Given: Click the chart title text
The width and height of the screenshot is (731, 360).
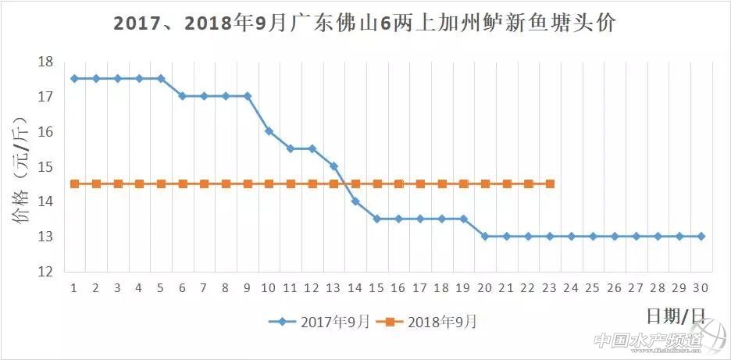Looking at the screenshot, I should (x=365, y=23).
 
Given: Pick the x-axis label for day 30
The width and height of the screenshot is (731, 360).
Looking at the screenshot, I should (x=701, y=288).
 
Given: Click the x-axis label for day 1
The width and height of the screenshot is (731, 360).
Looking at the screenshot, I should (x=74, y=288).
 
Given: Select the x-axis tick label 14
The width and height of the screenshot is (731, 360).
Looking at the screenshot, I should (x=355, y=288).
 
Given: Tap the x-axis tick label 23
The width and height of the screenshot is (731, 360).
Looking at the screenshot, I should (x=550, y=288).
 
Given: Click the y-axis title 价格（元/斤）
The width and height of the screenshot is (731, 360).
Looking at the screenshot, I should (x=21, y=166).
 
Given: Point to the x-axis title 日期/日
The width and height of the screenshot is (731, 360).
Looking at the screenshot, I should (x=677, y=316).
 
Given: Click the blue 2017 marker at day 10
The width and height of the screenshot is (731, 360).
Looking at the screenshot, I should (x=269, y=131).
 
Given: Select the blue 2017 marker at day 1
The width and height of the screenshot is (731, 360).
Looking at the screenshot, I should (x=74, y=78).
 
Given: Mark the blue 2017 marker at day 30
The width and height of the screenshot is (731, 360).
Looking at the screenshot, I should (x=701, y=236).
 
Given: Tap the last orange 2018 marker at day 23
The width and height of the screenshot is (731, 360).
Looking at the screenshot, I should (x=550, y=184).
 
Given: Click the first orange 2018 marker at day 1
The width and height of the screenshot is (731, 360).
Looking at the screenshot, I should (x=74, y=184).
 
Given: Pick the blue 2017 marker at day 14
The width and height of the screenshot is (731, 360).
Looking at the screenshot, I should (x=355, y=201).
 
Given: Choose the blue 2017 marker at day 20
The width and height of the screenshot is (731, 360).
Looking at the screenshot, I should (x=485, y=236).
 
